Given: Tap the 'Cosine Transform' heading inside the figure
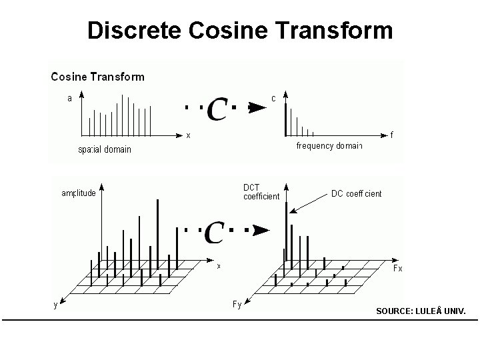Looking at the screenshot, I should coord(97,77).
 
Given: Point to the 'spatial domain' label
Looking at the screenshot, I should coord(105,149).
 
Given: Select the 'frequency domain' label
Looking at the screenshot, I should coord(329,146).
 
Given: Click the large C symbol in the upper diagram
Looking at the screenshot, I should coord(217,109).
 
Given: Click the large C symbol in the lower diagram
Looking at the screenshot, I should coord(213,232).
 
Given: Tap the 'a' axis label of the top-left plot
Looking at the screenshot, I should coord(69,99).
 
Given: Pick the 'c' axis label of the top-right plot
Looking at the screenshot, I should coord(273,98).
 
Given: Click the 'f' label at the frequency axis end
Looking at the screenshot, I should coord(392,135).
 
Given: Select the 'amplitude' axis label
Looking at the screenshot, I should coord(79,194).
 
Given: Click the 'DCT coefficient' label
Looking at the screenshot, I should coord(261,191).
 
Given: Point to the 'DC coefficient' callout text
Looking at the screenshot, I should coord(357,194).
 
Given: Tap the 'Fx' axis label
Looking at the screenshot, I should coord(397,268).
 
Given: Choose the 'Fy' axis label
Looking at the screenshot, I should coord(237,305).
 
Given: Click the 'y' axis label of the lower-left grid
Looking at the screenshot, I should coord(55,305).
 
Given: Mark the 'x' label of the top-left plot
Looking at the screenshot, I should coord(189,135).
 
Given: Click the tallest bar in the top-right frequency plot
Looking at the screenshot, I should coord(286,119).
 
